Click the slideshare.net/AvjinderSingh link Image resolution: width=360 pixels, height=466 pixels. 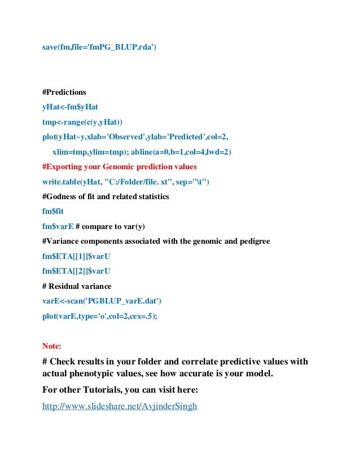tap(119, 406)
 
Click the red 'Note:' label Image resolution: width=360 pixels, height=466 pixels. tap(52, 345)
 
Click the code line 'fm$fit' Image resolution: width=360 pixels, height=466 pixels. tap(53, 212)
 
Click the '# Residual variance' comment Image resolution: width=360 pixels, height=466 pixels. tap(77, 286)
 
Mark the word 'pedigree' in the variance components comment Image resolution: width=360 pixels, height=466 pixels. tap(253, 241)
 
